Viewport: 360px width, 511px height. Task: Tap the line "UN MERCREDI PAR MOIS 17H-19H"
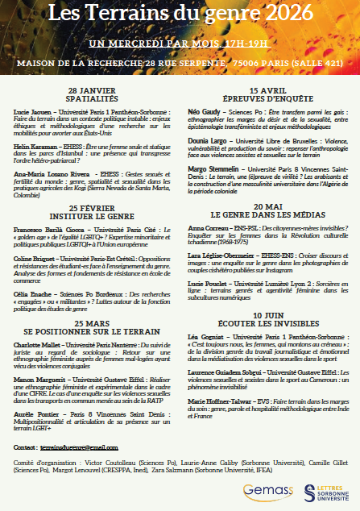[x=179, y=42]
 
